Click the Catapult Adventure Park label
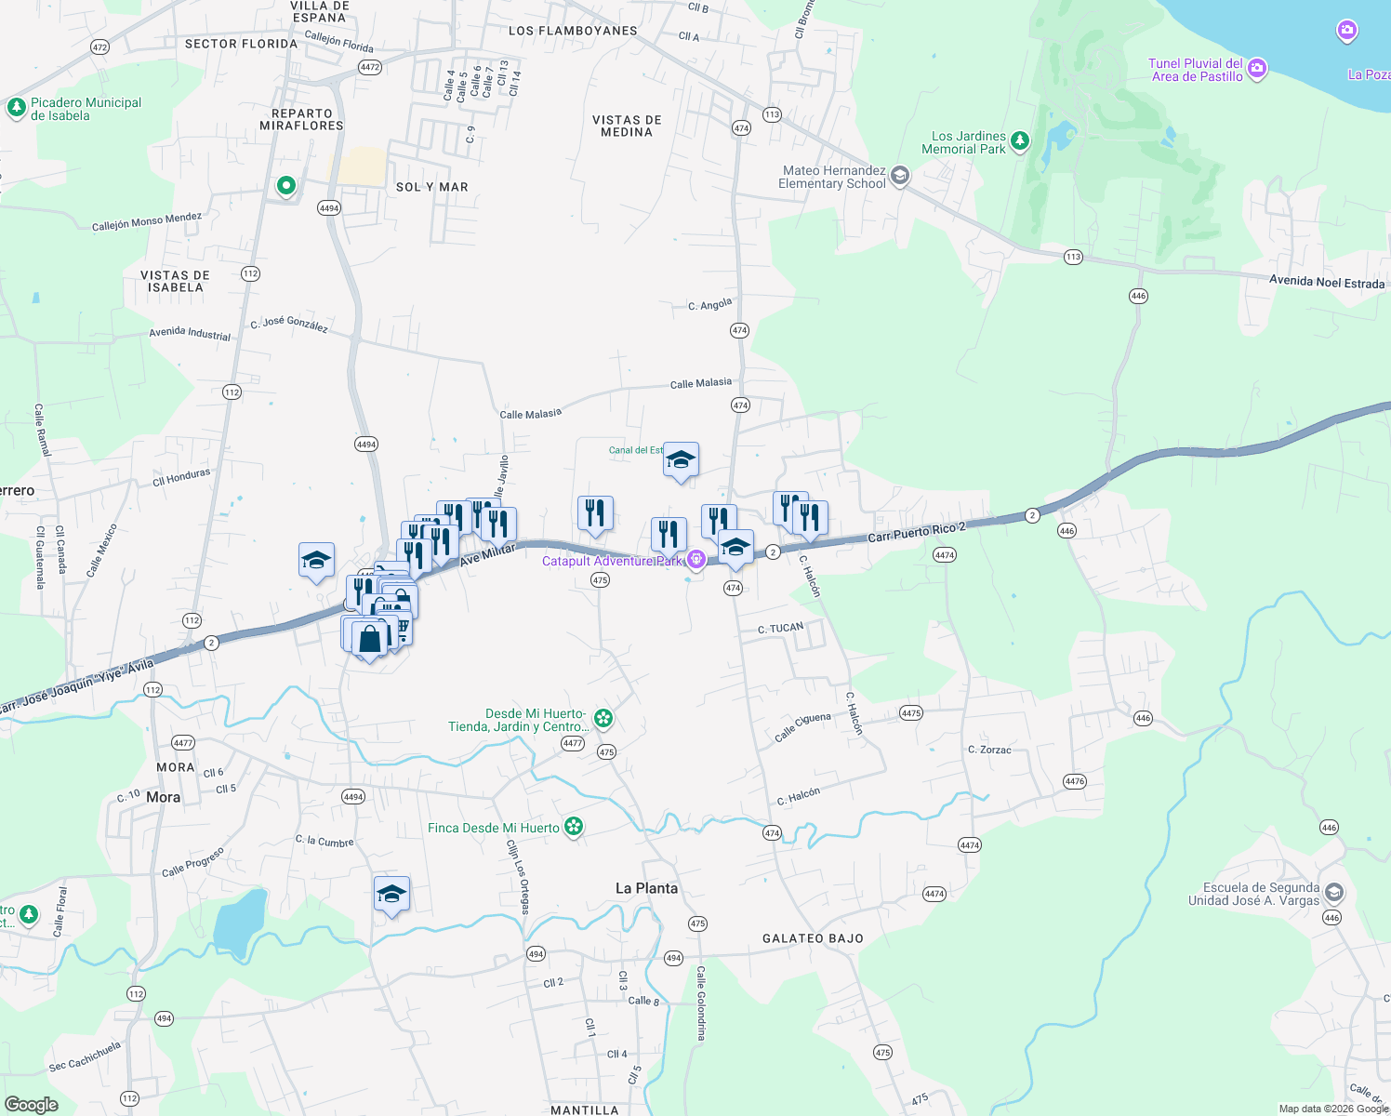[611, 561]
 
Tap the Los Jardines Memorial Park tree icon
[1020, 141]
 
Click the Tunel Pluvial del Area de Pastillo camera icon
[1257, 68]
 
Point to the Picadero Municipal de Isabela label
[86, 109]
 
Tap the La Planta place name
[646, 888]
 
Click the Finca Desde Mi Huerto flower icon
[574, 827]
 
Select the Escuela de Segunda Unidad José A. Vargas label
[1253, 894]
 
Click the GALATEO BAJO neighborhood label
[813, 938]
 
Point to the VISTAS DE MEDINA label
[627, 126]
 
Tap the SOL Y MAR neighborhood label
[431, 187]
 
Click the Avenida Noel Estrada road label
[1327, 282]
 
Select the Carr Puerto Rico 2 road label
[916, 532]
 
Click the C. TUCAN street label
[780, 629]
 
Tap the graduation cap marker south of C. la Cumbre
[391, 895]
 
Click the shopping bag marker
[370, 639]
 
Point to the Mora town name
[163, 797]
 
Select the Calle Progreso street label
[192, 862]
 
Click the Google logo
[32, 1104]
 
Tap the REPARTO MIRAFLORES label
[301, 119]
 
